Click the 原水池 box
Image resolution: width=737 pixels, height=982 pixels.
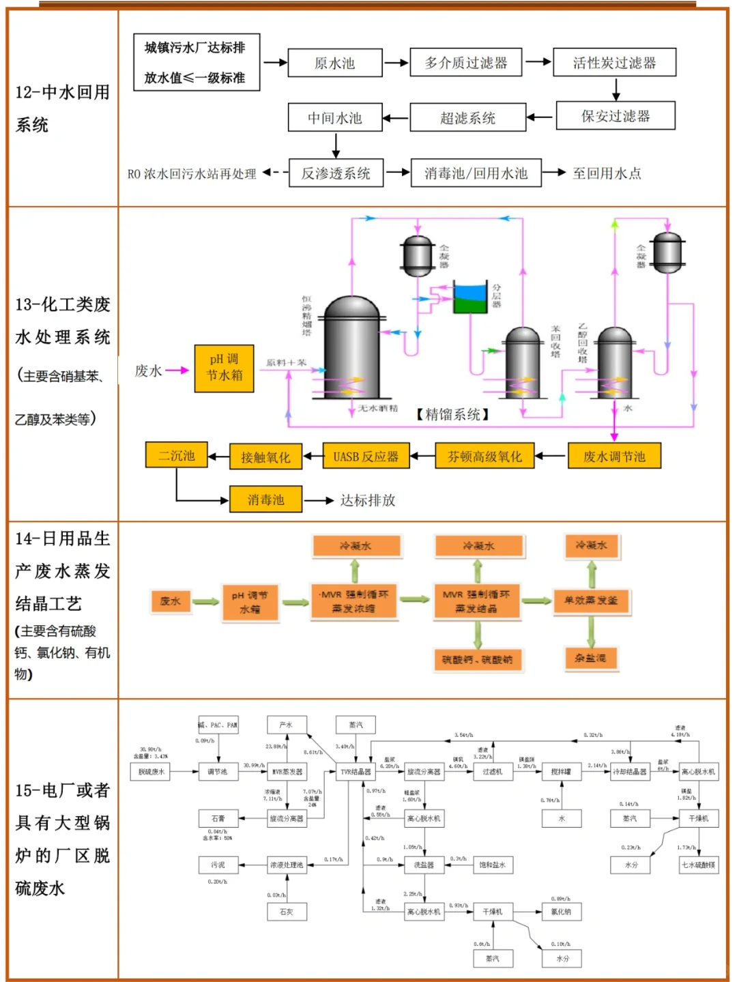point(334,63)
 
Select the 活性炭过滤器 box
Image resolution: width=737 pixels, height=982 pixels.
point(614,63)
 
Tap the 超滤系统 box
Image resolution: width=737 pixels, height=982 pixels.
point(467,117)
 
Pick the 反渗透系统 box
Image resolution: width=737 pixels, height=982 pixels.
point(336,173)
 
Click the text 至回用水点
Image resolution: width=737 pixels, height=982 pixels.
point(607,173)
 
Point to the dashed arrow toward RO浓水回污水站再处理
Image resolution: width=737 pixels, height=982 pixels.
point(274,173)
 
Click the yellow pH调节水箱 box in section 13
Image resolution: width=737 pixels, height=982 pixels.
point(224,368)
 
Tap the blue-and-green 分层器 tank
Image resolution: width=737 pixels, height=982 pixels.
point(471,298)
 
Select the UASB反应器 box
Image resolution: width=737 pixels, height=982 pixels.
point(366,457)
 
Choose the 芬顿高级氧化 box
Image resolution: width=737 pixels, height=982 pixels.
point(485,457)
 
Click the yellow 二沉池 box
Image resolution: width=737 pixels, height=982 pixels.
point(177,455)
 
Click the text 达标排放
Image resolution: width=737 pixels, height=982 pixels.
point(368,500)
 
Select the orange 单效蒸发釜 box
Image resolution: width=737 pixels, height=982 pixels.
point(591,601)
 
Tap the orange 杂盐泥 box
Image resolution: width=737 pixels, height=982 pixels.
point(591,658)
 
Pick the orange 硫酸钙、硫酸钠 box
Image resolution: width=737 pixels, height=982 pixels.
point(477,659)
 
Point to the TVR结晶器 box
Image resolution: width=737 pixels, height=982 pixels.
point(356,772)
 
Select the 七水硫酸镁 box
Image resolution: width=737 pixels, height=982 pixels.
point(698,865)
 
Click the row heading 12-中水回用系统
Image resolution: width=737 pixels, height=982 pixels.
point(62,109)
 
